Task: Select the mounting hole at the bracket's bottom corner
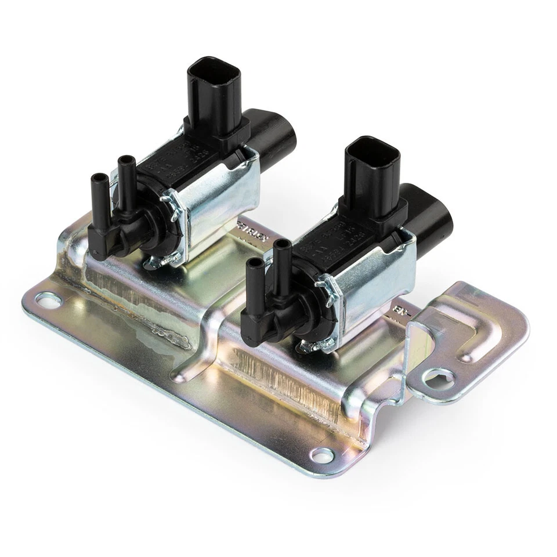(x=321, y=454)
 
